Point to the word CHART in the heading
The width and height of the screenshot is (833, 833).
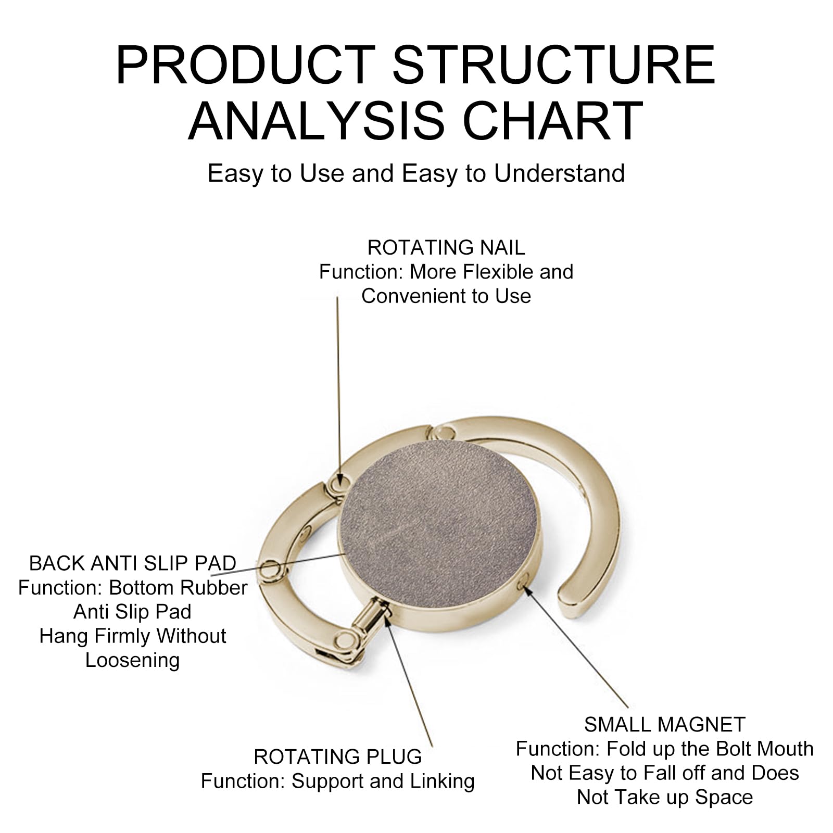pyautogui.click(x=553, y=121)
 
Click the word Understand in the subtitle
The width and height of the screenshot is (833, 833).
pyautogui.click(x=559, y=173)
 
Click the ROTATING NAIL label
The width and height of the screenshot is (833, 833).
pyautogui.click(x=446, y=248)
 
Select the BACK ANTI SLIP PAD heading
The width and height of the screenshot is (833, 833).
pyautogui.click(x=132, y=563)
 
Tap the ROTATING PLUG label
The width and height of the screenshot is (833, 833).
pyautogui.click(x=337, y=756)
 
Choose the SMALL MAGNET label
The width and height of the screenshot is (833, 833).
pyautogui.click(x=664, y=725)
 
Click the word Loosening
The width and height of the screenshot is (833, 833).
pyautogui.click(x=132, y=660)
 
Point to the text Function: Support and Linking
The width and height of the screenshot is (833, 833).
pyautogui.click(x=337, y=781)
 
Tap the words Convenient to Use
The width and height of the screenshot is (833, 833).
pyautogui.click(x=446, y=296)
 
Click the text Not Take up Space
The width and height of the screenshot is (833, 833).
pyautogui.click(x=664, y=797)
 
